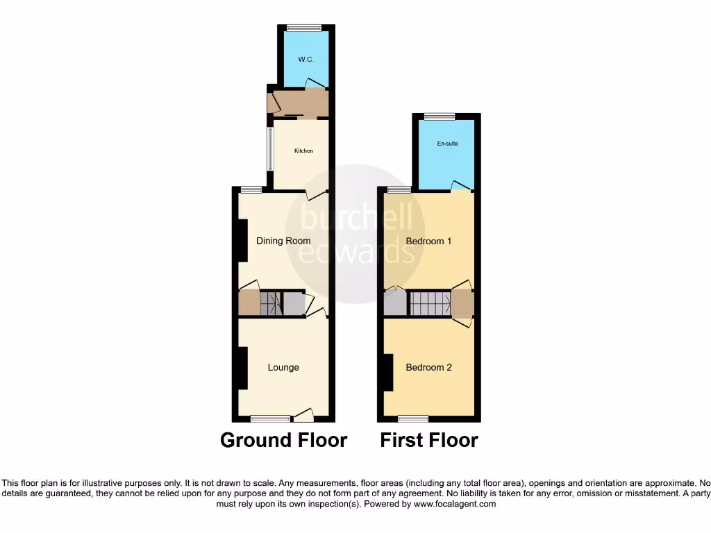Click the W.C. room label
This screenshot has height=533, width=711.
tap(306, 60)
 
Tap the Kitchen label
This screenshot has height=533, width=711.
tap(303, 151)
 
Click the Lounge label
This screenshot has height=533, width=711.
tap(283, 367)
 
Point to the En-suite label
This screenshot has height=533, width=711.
tap(447, 144)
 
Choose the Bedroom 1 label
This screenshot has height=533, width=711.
tap(429, 241)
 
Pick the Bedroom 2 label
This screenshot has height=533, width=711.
tap(429, 367)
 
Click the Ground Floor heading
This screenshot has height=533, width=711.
tap(283, 440)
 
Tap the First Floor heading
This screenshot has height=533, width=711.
tap(429, 440)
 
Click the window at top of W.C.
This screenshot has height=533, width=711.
tap(304, 28)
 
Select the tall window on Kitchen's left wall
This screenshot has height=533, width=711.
tap(270, 149)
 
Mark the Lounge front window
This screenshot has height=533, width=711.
tap(270, 418)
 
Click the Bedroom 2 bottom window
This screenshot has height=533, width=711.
tap(413, 418)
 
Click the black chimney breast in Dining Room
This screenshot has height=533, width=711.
tap(242, 241)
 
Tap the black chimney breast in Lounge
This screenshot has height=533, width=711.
tap(242, 368)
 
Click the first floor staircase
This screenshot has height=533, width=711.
tap(429, 303)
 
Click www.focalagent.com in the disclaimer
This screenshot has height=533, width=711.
tap(454, 505)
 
